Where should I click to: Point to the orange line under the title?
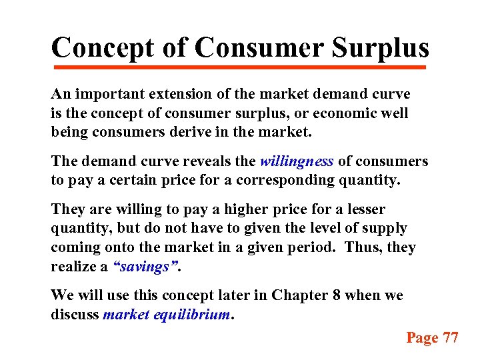tap(239, 67)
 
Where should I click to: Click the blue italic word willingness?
tap(297, 161)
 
